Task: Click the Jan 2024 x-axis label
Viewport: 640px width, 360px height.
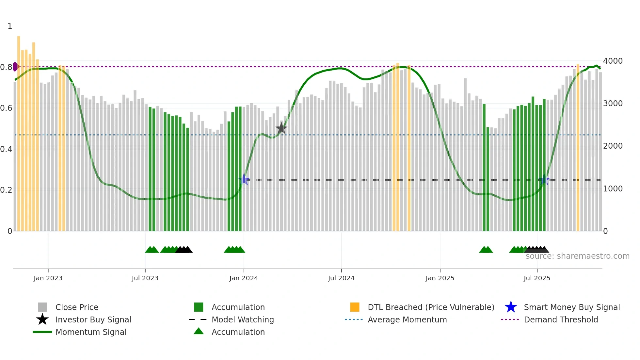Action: [244, 278]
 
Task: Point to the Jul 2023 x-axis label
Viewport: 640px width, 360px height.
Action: [145, 278]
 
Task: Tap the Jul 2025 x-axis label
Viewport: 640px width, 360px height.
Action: [537, 278]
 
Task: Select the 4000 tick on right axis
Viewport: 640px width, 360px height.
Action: [613, 61]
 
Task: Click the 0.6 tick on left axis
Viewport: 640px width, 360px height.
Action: [6, 108]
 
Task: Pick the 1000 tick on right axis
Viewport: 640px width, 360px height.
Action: [613, 189]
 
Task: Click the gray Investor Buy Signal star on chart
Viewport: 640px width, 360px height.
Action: [281, 129]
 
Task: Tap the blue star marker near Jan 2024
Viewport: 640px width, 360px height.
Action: [244, 180]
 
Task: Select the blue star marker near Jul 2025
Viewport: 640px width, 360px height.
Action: [544, 180]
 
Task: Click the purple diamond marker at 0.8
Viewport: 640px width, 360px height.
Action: [15, 67]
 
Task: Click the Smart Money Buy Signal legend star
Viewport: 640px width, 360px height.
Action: [511, 307]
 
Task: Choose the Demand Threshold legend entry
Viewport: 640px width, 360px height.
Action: [561, 319]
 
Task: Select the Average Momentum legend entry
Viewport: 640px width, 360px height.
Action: [407, 319]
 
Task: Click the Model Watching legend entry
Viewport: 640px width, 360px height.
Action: [242, 319]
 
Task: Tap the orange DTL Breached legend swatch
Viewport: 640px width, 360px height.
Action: [355, 307]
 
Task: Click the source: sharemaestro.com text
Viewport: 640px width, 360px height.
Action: [577, 256]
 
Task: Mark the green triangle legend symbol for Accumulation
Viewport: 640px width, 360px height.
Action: [199, 332]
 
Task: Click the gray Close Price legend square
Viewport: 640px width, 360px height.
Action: [42, 307]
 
